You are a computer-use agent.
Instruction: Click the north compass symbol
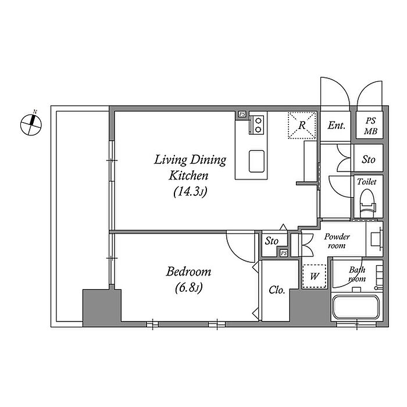pyautogui.click(x=31, y=124)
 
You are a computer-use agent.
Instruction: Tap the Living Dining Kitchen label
pyautogui.click(x=190, y=167)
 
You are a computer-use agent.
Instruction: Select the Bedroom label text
pyautogui.click(x=188, y=272)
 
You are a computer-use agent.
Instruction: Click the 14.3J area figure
pyautogui.click(x=190, y=192)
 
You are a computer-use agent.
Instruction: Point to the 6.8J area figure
pyautogui.click(x=189, y=288)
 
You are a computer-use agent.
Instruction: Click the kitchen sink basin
pyautogui.click(x=256, y=161)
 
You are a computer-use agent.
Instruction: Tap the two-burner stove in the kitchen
pyautogui.click(x=257, y=125)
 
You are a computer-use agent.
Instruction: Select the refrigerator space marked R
pyautogui.click(x=302, y=126)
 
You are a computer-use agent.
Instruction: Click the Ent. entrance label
pyautogui.click(x=336, y=126)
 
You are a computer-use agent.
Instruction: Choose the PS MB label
pyautogui.click(x=370, y=126)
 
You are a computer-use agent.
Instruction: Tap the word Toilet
pyautogui.click(x=366, y=181)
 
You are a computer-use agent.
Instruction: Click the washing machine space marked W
pyautogui.click(x=315, y=276)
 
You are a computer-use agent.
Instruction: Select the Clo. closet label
pyautogui.click(x=277, y=290)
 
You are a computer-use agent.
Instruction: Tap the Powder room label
pyautogui.click(x=337, y=241)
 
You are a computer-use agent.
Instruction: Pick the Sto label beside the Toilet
pyautogui.click(x=368, y=159)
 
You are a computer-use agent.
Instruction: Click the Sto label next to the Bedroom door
pyautogui.click(x=272, y=241)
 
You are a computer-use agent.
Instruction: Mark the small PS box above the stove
pyautogui.click(x=242, y=114)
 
